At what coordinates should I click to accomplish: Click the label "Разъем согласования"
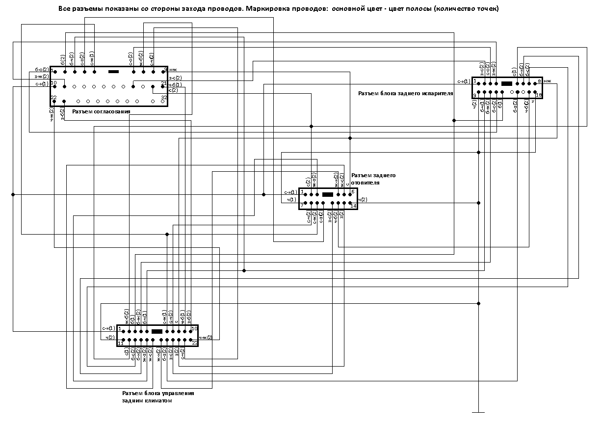coord(101,111)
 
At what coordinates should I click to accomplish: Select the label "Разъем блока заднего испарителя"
coord(405,93)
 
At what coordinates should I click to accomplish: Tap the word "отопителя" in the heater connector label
coord(365,183)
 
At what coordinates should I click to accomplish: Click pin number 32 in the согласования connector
coord(165,98)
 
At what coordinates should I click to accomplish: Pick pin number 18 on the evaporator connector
coord(538,95)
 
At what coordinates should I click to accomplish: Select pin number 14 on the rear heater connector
coord(353,206)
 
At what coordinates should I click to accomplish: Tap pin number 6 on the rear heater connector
coord(353,191)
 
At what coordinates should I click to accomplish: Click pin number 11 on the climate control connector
coord(120,343)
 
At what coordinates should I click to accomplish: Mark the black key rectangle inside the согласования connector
coord(113,72)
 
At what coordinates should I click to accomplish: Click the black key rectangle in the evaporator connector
coord(507,83)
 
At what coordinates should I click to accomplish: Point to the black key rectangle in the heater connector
coord(328,195)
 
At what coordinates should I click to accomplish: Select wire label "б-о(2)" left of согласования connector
coord(41,70)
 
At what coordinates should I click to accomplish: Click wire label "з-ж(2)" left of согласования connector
coord(41,77)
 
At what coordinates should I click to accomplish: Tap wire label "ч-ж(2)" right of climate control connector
coord(205,338)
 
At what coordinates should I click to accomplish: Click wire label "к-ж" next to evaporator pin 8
coord(548,81)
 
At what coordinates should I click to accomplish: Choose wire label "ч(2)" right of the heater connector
coord(363,200)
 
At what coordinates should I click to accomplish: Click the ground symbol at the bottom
coord(478,412)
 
